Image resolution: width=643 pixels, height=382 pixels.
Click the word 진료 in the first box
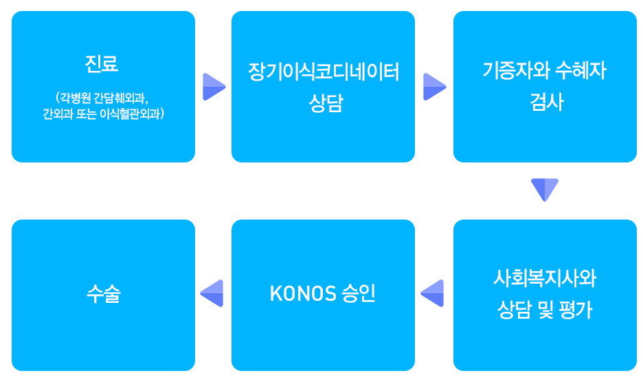(x=102, y=63)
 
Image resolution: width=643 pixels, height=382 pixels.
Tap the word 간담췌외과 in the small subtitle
(x=121, y=98)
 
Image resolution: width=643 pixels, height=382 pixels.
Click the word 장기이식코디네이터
(x=324, y=72)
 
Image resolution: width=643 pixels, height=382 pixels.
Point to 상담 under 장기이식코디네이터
(x=326, y=103)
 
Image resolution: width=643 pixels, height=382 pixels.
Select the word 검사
(x=547, y=101)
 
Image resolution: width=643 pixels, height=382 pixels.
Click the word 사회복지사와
(x=545, y=278)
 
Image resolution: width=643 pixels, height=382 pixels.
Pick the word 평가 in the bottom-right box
(x=576, y=310)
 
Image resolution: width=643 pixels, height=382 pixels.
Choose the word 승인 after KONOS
(x=359, y=294)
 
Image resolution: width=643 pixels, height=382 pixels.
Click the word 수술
(x=104, y=294)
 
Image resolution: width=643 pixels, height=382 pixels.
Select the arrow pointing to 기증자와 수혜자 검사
(x=435, y=87)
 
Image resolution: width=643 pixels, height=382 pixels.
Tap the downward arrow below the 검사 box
(x=545, y=190)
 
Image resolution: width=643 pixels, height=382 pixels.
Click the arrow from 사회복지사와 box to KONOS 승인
(x=432, y=293)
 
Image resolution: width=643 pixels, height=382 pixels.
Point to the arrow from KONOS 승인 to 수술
(x=212, y=293)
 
